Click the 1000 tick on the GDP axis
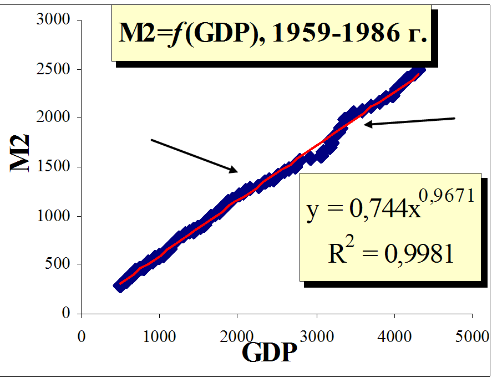tap(160, 336)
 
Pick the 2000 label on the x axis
tap(238, 336)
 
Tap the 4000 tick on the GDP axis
tap(394, 336)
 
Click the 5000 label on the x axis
tap(473, 336)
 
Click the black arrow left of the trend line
tap(195, 155)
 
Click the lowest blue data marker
tap(120, 285)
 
